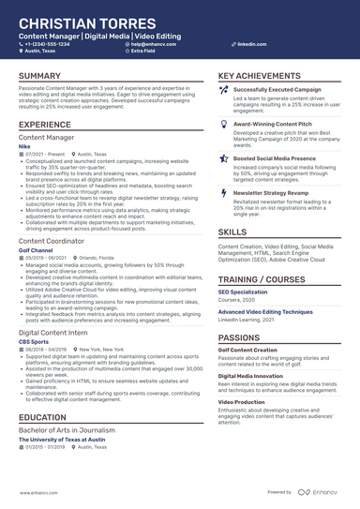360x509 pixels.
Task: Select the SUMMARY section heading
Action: [x=40, y=76]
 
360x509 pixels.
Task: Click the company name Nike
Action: [x=24, y=146]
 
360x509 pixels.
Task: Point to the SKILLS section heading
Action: [x=232, y=232]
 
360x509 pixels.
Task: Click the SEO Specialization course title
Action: [x=245, y=292]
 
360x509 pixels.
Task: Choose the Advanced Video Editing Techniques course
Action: [x=265, y=311]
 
